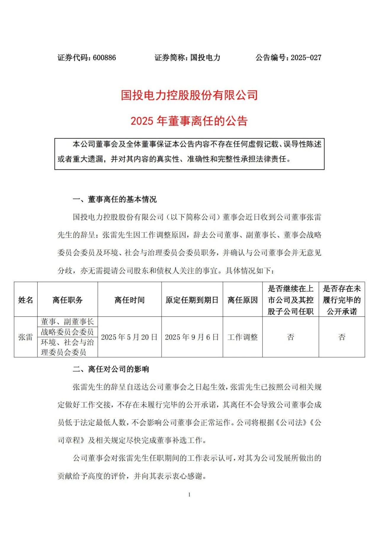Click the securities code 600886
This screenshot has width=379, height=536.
tap(104, 57)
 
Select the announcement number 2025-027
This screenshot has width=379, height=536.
tap(306, 57)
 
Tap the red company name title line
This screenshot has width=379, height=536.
tap(189, 95)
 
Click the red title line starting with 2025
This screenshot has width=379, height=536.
tap(189, 121)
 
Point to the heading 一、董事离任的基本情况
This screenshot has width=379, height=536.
tap(115, 199)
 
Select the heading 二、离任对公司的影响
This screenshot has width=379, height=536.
tap(111, 369)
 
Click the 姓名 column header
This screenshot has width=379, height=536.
tap(26, 300)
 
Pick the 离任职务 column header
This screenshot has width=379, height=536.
tap(68, 300)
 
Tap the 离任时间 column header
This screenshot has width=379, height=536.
tap(129, 300)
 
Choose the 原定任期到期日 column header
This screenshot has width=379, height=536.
tap(192, 300)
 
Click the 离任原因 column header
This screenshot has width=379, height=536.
tap(243, 300)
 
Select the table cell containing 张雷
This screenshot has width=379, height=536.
tap(26, 337)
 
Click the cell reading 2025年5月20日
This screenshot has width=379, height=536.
tap(129, 337)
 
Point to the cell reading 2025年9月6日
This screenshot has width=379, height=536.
tap(192, 337)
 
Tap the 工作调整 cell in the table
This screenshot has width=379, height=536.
tap(243, 337)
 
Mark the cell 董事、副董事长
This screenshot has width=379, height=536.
tap(68, 322)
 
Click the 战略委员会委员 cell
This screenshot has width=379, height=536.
tap(68, 332)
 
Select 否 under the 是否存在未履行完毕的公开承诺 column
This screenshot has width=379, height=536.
tap(342, 337)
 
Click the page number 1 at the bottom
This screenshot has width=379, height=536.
tap(189, 495)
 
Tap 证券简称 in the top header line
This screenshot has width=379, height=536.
tap(170, 57)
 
